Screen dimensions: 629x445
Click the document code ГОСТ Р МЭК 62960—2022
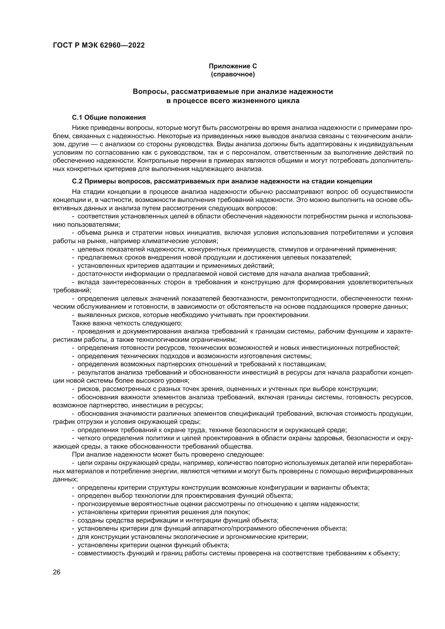click(99, 45)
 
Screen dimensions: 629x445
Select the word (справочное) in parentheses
click(233, 74)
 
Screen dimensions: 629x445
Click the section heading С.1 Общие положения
click(109, 118)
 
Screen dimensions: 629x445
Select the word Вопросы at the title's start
click(148, 91)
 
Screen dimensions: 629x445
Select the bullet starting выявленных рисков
click(191, 315)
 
